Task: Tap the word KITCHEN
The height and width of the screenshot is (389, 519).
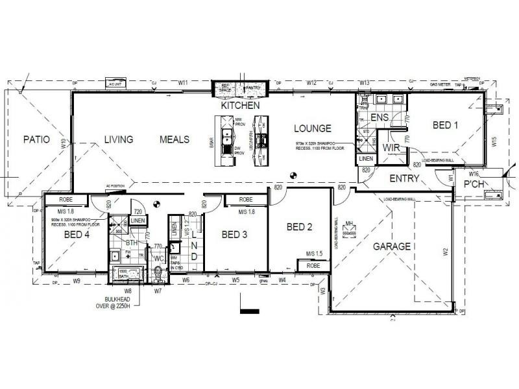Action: [x=240, y=105]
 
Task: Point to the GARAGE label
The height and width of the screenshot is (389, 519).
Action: [x=391, y=246]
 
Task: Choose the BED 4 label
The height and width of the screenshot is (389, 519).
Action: [x=77, y=235]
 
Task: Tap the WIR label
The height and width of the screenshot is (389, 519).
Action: [x=391, y=148]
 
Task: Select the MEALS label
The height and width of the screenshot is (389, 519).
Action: [x=175, y=139]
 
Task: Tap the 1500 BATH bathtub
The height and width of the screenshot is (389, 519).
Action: [x=125, y=273]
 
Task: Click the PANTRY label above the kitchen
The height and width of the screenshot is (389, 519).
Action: [x=252, y=87]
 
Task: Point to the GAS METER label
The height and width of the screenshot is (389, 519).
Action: [x=441, y=85]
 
